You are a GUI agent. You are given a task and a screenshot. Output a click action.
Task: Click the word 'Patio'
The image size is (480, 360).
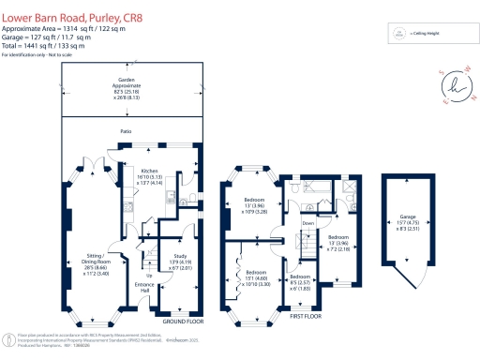click(x=125, y=132)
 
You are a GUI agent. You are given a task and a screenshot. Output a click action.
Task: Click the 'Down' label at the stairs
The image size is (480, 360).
click(x=308, y=223)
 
